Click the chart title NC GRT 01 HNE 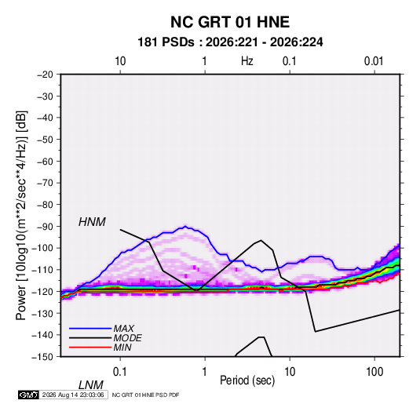(x=230, y=22)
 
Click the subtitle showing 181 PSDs (x=230, y=42)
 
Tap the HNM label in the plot (x=92, y=222)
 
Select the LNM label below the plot (x=91, y=385)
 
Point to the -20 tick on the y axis (x=45, y=75)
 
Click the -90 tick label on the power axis (x=45, y=227)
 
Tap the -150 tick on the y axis (x=43, y=357)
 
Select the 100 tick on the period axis (x=374, y=372)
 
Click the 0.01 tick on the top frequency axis (x=374, y=61)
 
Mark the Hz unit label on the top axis (x=247, y=61)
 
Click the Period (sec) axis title (x=247, y=380)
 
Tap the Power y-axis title (x=21, y=215)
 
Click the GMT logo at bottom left (x=29, y=395)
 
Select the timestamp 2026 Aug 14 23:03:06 (x=73, y=395)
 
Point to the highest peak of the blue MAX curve (x=185, y=227)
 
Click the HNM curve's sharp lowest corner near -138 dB (x=316, y=332)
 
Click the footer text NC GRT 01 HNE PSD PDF (x=145, y=395)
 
